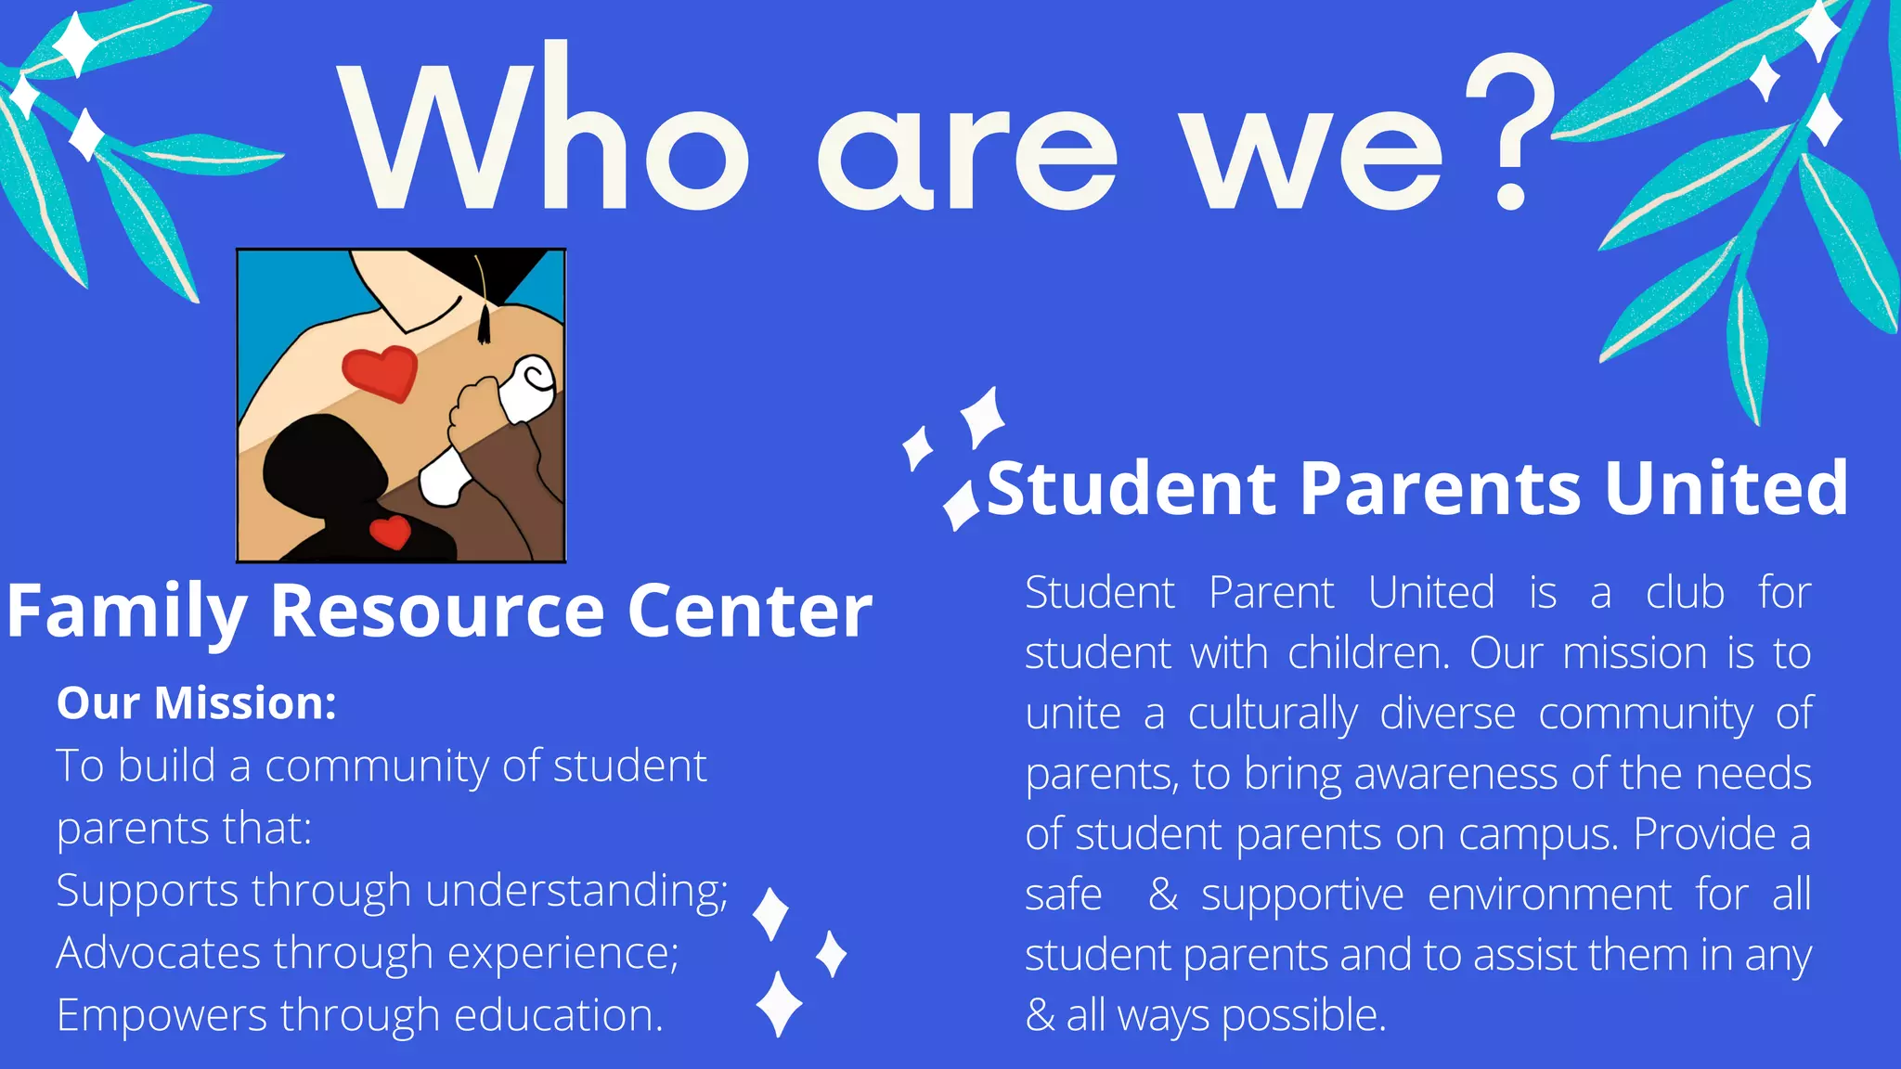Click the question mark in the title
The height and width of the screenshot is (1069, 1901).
pyautogui.click(x=1508, y=130)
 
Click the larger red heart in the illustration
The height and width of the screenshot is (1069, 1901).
pyautogui.click(x=380, y=371)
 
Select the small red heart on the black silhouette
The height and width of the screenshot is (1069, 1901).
pyautogui.click(x=390, y=532)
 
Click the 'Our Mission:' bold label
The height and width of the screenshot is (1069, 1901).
pyautogui.click(x=196, y=702)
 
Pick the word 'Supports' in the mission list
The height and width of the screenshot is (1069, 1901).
pyautogui.click(x=147, y=892)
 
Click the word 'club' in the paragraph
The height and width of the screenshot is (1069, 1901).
pyautogui.click(x=1685, y=592)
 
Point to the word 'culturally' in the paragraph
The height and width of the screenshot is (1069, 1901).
pyautogui.click(x=1273, y=715)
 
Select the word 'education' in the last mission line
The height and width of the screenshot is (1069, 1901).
pyautogui.click(x=557, y=1015)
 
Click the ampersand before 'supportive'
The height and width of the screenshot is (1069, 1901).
pyautogui.click(x=1163, y=895)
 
